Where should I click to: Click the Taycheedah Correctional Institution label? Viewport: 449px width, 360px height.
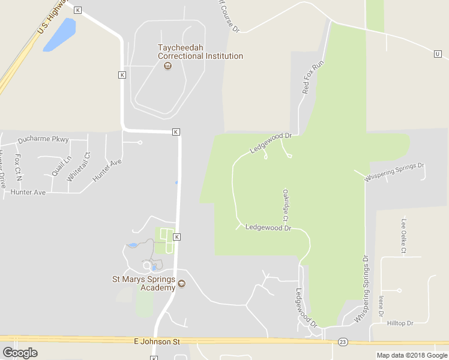200,52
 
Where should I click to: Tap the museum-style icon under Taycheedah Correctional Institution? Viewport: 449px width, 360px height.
167,65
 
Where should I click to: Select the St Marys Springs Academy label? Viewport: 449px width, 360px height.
144,283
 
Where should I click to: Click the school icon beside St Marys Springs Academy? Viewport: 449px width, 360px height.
182,284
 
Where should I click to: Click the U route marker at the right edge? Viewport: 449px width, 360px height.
438,54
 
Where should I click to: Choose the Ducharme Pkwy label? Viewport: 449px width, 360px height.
43,140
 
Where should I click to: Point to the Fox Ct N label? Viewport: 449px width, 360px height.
18,167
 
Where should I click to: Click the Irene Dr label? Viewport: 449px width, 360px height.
381,305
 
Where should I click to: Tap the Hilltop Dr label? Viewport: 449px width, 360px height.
400,323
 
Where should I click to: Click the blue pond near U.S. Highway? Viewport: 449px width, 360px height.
60,34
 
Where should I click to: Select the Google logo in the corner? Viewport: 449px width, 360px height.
20,353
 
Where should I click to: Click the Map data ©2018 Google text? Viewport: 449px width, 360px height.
412,355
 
